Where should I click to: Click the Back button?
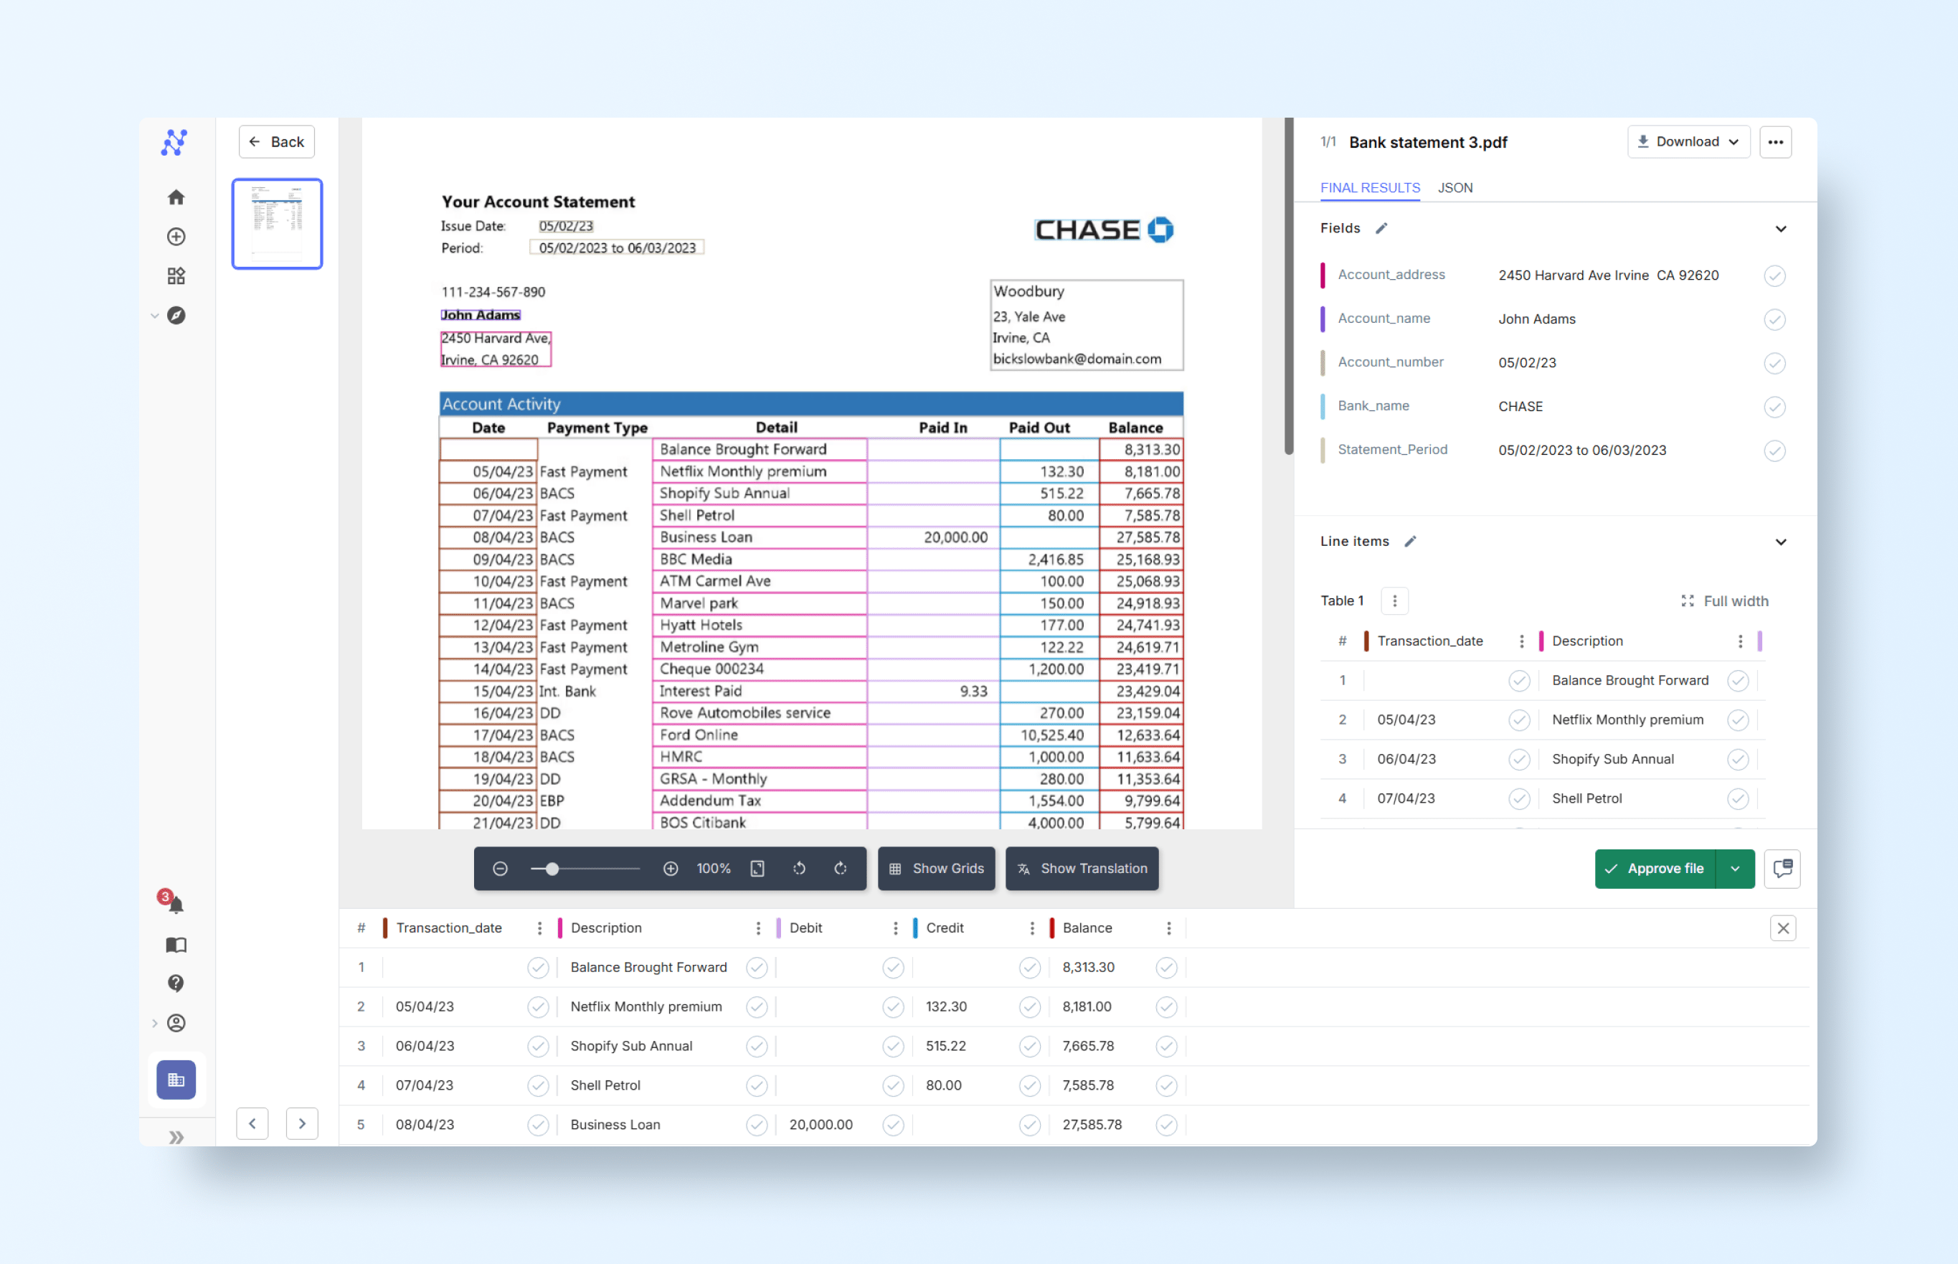pos(277,142)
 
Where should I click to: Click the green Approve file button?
pos(1655,869)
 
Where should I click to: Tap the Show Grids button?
pos(937,869)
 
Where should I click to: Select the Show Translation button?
pos(1082,869)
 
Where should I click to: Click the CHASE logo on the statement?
pos(1103,230)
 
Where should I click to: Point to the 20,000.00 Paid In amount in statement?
pos(955,537)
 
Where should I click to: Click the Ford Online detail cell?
pos(699,735)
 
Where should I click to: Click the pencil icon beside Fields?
pos(1382,228)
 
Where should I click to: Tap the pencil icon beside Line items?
pos(1410,542)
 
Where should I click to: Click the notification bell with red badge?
pos(175,904)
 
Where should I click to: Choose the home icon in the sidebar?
pos(176,198)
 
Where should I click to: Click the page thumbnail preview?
pos(278,223)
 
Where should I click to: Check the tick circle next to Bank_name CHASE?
pos(1774,407)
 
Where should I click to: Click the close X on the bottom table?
pos(1782,928)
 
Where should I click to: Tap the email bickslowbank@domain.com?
pos(1077,359)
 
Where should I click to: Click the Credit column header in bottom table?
pos(945,928)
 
